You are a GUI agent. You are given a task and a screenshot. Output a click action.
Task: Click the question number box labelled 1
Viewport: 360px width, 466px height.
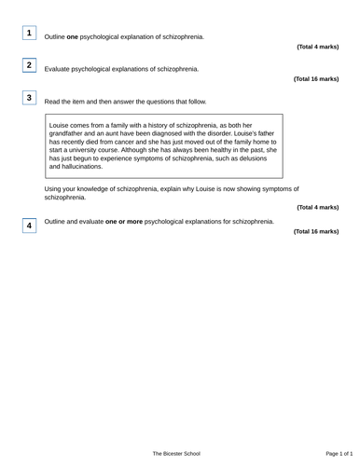click(x=29, y=34)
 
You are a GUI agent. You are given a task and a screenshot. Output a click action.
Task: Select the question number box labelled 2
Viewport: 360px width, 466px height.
click(x=29, y=65)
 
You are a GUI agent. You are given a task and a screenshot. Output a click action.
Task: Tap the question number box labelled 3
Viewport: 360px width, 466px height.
click(x=29, y=98)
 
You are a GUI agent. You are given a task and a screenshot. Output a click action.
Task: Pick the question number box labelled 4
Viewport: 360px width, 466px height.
click(x=29, y=226)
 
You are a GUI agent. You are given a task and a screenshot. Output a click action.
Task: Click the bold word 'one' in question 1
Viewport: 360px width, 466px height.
click(x=72, y=37)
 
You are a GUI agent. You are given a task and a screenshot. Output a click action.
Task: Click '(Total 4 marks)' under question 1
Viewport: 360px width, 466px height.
click(x=318, y=47)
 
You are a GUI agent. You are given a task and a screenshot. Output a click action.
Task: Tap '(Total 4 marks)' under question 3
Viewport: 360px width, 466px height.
click(x=318, y=207)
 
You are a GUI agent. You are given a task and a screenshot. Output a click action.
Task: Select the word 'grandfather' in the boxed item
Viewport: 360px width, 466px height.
click(x=67, y=132)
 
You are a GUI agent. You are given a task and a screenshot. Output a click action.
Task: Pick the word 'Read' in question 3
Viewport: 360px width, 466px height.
click(x=53, y=102)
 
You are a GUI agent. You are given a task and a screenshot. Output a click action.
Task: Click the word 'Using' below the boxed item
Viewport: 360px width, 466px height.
click(x=54, y=189)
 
